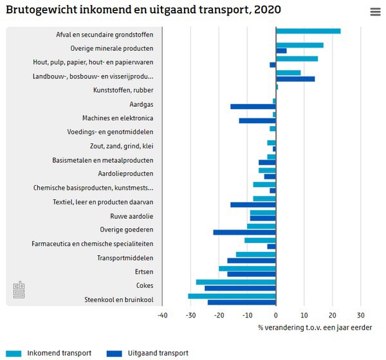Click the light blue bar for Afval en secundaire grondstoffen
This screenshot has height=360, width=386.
click(x=308, y=31)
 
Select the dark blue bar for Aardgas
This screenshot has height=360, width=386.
click(x=253, y=107)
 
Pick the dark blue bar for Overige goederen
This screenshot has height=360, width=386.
click(x=244, y=232)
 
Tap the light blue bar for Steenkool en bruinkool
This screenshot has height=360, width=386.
click(x=232, y=296)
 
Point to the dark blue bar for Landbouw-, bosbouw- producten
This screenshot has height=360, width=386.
click(x=295, y=79)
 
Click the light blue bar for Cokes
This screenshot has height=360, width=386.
click(x=235, y=282)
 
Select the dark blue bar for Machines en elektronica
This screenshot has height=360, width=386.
click(x=257, y=121)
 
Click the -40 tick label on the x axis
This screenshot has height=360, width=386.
click(x=162, y=315)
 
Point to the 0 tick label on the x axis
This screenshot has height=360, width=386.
click(x=276, y=315)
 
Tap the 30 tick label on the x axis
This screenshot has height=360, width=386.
click(x=361, y=315)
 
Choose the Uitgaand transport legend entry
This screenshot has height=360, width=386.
click(x=148, y=353)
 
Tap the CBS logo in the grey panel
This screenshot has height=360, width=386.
click(x=19, y=289)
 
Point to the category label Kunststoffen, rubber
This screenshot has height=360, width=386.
click(x=124, y=90)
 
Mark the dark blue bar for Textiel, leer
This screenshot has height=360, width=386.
click(x=253, y=204)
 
